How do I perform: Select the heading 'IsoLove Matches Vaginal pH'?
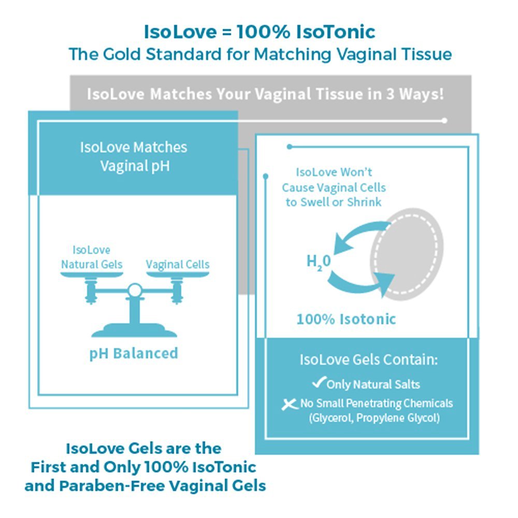[134, 156]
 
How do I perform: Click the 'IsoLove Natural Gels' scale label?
[92, 257]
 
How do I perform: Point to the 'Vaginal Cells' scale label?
[178, 264]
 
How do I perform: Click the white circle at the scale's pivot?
[135, 290]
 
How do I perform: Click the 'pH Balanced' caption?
[134, 353]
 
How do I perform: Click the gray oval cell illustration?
[414, 254]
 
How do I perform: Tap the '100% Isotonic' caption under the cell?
[346, 319]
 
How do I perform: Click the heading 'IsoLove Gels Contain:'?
[368, 360]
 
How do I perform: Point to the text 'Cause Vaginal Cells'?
[334, 188]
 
